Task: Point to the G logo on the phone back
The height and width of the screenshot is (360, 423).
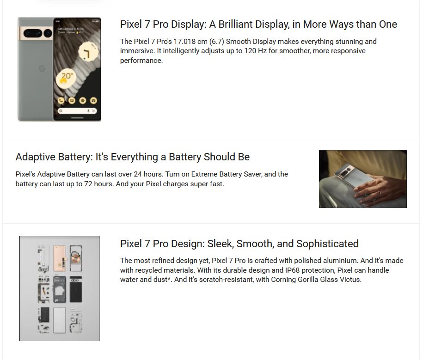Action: click(42, 69)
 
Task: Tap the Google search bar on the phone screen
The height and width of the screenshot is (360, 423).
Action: click(77, 111)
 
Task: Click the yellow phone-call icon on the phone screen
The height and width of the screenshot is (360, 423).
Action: click(61, 101)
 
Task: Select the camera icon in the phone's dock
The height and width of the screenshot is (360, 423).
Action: click(93, 101)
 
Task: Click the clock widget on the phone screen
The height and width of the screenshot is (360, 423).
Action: click(88, 52)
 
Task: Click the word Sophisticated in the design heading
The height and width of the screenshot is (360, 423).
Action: click(327, 244)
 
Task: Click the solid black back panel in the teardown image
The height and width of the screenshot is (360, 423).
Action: click(76, 289)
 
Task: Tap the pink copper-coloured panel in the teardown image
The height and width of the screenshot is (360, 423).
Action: click(60, 258)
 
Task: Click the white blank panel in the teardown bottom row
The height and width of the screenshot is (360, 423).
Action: click(60, 320)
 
